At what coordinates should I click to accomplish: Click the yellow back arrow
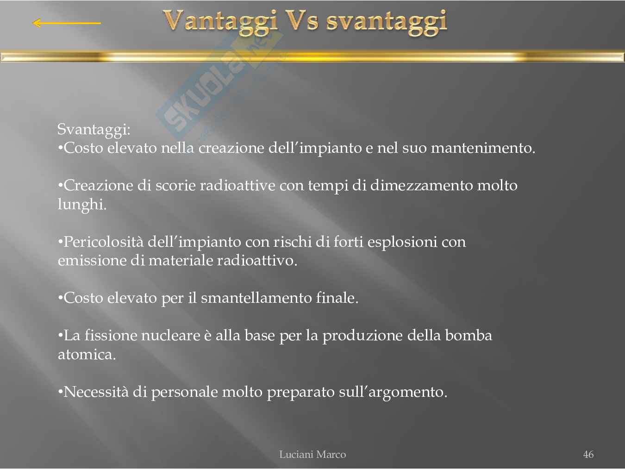point(67,23)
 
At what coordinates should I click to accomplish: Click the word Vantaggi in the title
point(220,22)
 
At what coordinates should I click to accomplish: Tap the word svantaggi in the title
point(387,23)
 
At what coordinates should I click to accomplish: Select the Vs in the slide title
point(302,20)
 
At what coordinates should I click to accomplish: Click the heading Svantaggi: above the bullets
point(94,130)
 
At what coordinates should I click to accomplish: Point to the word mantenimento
point(483,148)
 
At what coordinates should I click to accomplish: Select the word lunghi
point(82,205)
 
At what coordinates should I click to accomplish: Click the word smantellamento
point(256,298)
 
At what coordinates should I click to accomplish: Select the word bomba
point(469,336)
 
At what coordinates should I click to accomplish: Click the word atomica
point(87,355)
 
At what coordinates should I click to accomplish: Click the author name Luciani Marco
point(312,454)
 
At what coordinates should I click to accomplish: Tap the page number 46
point(588,454)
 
